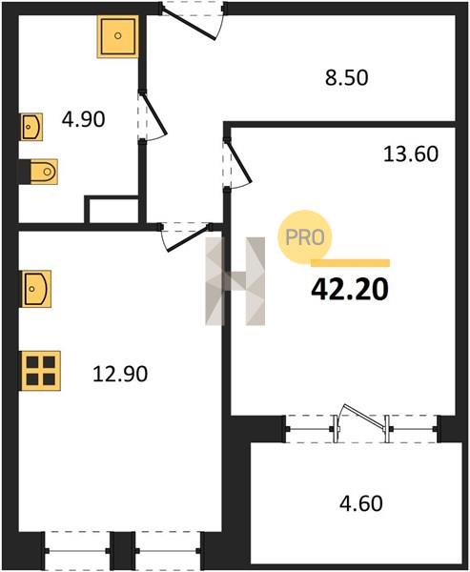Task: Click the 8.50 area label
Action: [x=347, y=78]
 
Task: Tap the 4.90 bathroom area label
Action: [x=83, y=119]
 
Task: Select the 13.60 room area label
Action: [x=411, y=153]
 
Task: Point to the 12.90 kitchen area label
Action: [x=120, y=374]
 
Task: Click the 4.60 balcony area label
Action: [x=361, y=503]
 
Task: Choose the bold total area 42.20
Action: [x=350, y=290]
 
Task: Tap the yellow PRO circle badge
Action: [x=304, y=237]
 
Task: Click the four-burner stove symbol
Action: [x=41, y=371]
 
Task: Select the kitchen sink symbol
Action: [x=36, y=289]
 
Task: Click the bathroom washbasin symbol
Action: [x=31, y=127]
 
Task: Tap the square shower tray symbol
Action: [x=117, y=36]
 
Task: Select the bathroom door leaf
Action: [x=154, y=114]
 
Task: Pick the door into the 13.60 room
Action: [x=239, y=163]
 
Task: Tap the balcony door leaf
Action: [x=366, y=417]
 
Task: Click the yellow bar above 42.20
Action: [x=350, y=263]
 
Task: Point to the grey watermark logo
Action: [x=235, y=281]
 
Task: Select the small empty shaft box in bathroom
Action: [x=113, y=210]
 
